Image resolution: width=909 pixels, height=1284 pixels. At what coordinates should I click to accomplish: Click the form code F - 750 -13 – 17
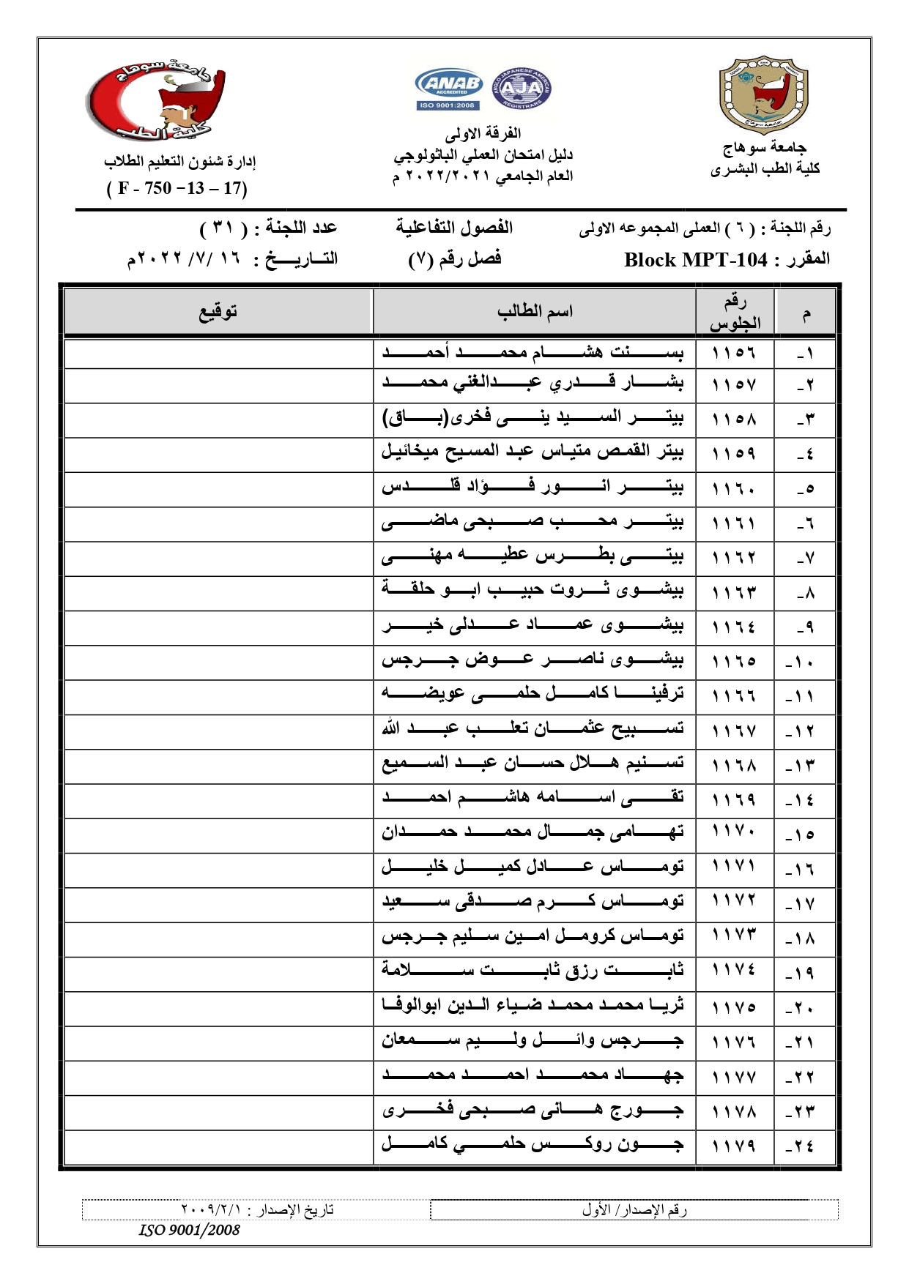click(x=177, y=188)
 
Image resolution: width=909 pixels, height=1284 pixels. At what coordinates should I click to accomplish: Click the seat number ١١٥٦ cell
click(x=734, y=353)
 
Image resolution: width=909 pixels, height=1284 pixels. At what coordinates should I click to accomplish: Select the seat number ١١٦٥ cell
click(x=734, y=662)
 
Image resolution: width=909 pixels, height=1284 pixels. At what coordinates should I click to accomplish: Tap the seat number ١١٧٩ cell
click(x=734, y=1146)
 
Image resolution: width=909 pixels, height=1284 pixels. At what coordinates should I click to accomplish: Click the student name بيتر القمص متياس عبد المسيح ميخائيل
click(x=533, y=452)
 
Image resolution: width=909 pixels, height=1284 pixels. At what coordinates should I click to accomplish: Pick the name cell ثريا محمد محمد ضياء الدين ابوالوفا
click(x=533, y=1006)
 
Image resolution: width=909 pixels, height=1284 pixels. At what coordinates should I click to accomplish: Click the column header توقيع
click(x=218, y=313)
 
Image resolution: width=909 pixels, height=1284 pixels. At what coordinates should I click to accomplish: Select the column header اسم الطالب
click(x=535, y=313)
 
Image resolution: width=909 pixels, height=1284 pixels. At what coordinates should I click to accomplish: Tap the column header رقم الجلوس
click(x=735, y=313)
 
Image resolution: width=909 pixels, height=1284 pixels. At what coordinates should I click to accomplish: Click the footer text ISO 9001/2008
click(x=190, y=1231)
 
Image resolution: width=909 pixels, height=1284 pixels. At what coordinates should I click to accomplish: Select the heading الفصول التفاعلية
click(x=454, y=228)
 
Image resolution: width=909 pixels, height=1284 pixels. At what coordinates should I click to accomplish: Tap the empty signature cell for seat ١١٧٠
click(x=218, y=835)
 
